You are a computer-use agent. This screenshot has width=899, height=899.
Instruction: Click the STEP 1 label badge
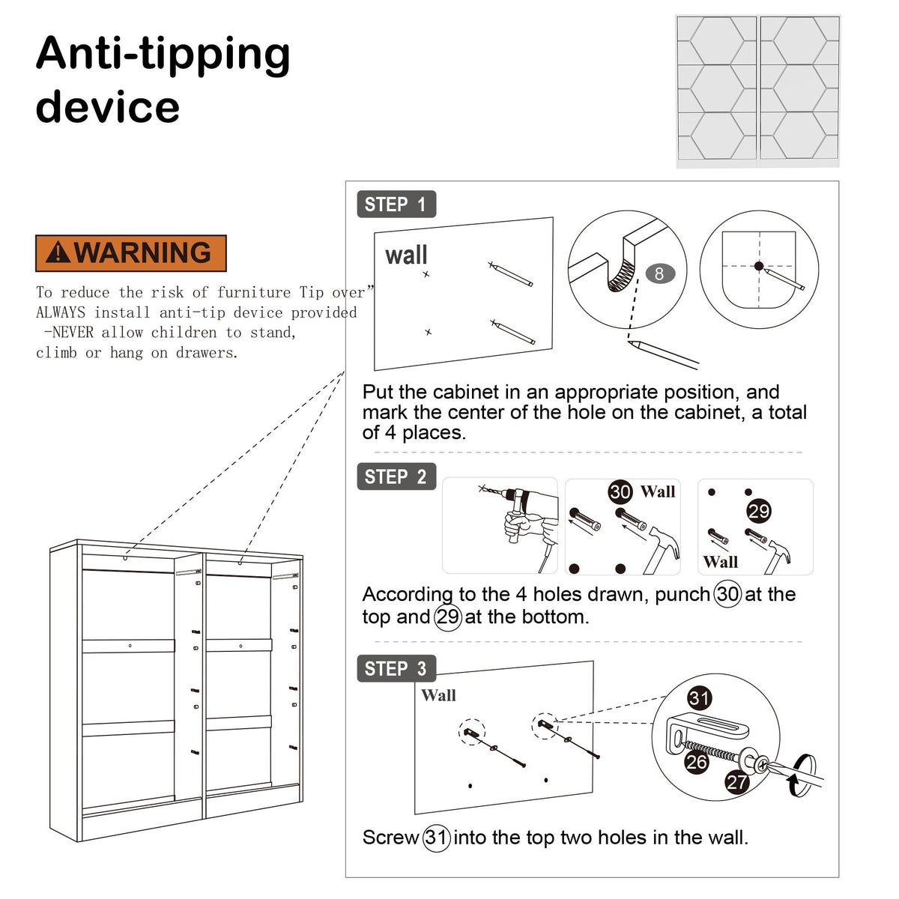tap(396, 204)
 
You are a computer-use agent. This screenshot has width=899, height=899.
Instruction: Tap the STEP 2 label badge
tap(396, 476)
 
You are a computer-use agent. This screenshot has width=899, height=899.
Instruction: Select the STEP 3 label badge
tap(396, 668)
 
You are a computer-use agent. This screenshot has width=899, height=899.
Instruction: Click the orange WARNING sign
tap(130, 253)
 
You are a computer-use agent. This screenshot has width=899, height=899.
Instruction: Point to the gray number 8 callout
tap(660, 274)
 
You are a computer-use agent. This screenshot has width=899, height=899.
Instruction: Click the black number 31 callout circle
tap(699, 698)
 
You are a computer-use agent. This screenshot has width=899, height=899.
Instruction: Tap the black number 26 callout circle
tap(697, 763)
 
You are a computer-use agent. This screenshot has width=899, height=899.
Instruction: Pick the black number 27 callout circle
tap(737, 782)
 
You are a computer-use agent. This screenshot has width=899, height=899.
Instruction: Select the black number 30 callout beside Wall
tap(620, 492)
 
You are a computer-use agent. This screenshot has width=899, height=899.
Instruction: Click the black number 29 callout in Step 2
tap(759, 512)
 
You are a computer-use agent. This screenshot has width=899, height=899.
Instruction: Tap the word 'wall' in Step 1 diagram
tap(406, 255)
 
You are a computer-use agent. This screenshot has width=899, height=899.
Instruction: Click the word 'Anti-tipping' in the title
tap(163, 55)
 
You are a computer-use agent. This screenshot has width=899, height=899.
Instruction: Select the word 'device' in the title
tap(107, 106)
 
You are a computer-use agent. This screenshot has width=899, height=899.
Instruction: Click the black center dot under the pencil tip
tap(759, 266)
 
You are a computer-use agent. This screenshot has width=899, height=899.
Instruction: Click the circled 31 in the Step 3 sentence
tap(436, 838)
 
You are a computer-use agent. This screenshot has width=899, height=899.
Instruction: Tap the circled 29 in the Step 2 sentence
tap(447, 617)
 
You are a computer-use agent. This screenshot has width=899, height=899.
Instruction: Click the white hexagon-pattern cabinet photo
tap(757, 91)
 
